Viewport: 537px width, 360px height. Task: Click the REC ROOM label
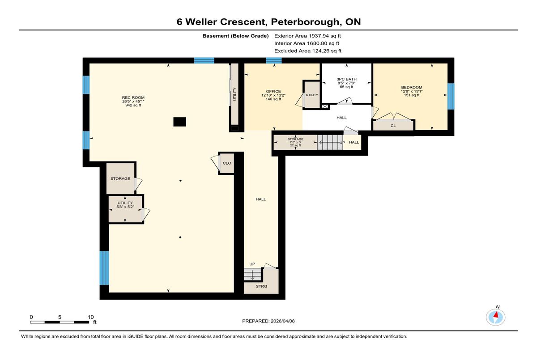click(133, 97)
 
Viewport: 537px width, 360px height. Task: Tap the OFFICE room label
click(273, 91)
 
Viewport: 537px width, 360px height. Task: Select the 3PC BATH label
click(346, 79)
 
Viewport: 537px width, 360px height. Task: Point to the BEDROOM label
click(412, 87)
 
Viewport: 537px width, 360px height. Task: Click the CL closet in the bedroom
click(393, 126)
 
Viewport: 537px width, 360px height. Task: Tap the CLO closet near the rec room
click(227, 163)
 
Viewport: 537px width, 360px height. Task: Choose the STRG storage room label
click(261, 286)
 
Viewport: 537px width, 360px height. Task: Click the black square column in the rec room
click(179, 122)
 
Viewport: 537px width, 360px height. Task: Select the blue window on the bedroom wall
click(451, 96)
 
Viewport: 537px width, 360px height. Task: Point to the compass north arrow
click(496, 315)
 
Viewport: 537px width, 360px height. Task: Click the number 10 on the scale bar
click(90, 317)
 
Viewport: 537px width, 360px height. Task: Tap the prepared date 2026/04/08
click(283, 321)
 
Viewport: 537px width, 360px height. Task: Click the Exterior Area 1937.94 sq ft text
click(307, 36)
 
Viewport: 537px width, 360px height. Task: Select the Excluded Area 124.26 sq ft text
click(308, 51)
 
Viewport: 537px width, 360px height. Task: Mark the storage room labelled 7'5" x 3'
click(296, 142)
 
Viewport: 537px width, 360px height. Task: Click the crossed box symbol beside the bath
click(325, 106)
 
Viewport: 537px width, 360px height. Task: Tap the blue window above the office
click(274, 60)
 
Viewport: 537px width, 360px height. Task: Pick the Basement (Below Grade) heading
click(235, 36)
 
